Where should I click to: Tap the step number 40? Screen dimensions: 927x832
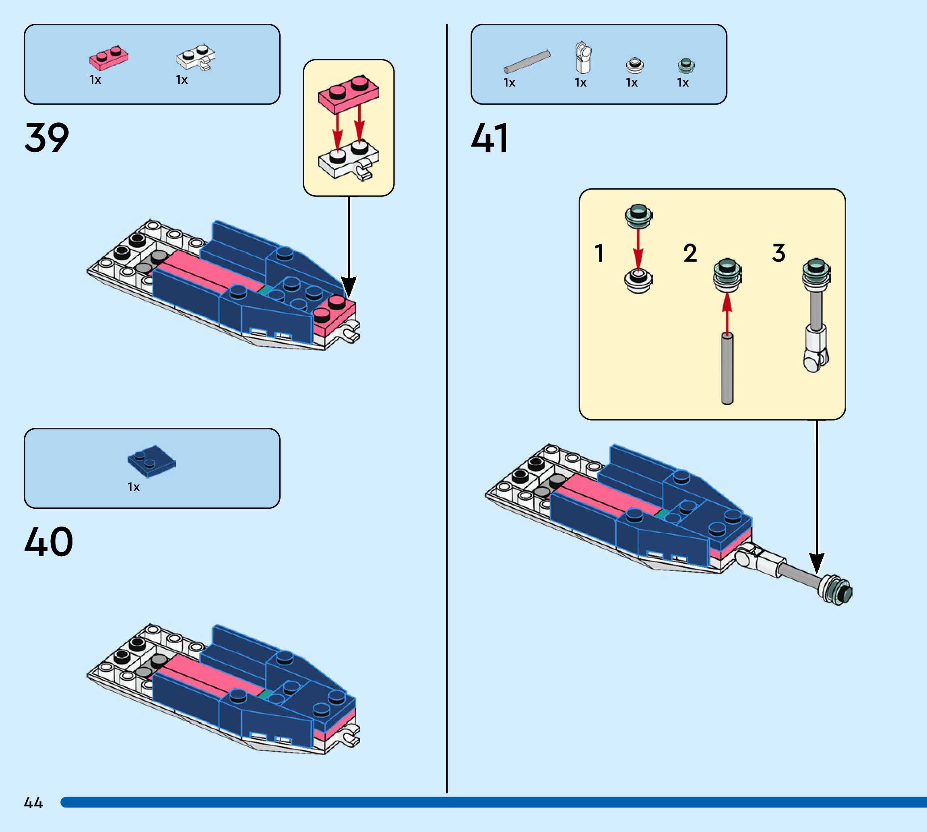[x=48, y=542]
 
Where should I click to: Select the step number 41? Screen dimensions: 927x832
[x=489, y=138]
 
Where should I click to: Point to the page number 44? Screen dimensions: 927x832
[x=33, y=803]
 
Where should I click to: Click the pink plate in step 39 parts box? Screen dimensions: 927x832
[x=109, y=58]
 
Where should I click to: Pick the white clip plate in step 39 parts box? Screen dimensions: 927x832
[x=196, y=58]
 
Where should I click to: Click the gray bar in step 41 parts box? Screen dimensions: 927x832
[x=527, y=62]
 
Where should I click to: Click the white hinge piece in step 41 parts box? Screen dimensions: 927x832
[x=583, y=58]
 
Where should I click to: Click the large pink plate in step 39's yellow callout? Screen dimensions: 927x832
[x=348, y=93]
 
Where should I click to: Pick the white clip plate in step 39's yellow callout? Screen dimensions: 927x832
[x=348, y=163]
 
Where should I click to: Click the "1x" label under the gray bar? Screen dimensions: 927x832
[x=509, y=83]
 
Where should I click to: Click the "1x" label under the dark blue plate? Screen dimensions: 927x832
[x=134, y=487]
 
